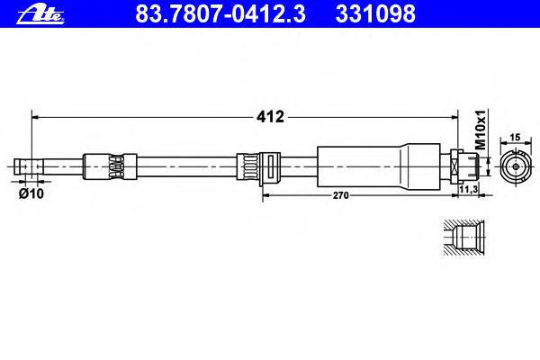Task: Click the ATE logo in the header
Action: click(x=40, y=15)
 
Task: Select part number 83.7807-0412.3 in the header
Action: click(x=220, y=14)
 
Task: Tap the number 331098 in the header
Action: click(x=375, y=14)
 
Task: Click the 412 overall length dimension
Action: click(x=270, y=117)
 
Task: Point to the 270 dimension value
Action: click(x=340, y=195)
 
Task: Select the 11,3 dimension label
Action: click(x=469, y=189)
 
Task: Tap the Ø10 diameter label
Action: click(x=31, y=194)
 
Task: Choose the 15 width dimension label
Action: click(x=515, y=138)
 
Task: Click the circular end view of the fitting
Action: click(x=516, y=166)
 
